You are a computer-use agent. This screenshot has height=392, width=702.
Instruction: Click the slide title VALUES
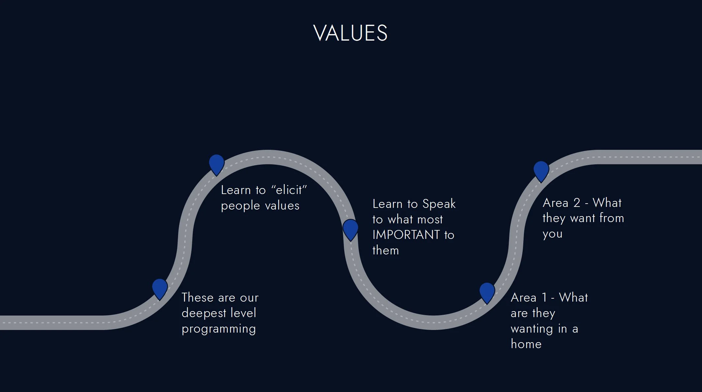[x=350, y=33]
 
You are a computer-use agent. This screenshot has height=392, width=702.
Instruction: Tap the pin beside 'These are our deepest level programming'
[x=160, y=288]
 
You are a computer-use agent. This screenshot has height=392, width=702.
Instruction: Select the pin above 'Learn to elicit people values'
[x=217, y=163]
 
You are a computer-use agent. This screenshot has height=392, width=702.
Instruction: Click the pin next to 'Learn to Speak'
[x=350, y=228]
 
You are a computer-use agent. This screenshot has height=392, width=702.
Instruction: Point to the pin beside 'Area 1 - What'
[x=487, y=292]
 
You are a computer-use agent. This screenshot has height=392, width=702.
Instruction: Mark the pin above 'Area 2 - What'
[x=541, y=170]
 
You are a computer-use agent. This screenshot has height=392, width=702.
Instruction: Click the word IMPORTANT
[x=406, y=235]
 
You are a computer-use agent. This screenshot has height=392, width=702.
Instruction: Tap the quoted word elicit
[x=289, y=190]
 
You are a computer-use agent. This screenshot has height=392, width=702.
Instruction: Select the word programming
[x=219, y=329]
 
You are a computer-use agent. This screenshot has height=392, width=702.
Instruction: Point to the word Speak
[x=439, y=204]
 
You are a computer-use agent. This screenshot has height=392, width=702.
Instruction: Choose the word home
[x=526, y=344]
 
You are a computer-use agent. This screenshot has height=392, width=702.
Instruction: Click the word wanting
[x=532, y=329]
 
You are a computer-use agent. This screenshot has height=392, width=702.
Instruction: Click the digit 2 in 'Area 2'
[x=577, y=203]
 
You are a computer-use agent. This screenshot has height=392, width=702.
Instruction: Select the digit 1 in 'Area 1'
[x=545, y=298]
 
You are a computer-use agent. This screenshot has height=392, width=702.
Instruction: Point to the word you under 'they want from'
[x=552, y=234]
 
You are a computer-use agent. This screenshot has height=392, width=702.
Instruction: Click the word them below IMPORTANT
[x=385, y=250]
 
